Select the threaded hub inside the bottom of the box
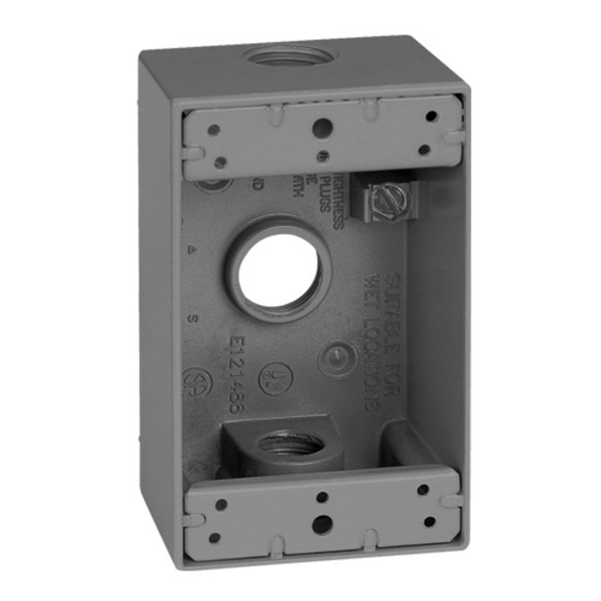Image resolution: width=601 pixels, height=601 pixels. pyautogui.click(x=290, y=445)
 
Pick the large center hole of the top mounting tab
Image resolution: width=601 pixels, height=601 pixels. pyautogui.click(x=323, y=126)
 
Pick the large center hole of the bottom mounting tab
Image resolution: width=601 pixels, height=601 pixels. pyautogui.click(x=322, y=523)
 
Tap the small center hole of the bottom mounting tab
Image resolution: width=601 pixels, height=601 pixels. pyautogui.click(x=322, y=496)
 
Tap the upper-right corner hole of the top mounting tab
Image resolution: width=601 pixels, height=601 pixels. pyautogui.click(x=430, y=116)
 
